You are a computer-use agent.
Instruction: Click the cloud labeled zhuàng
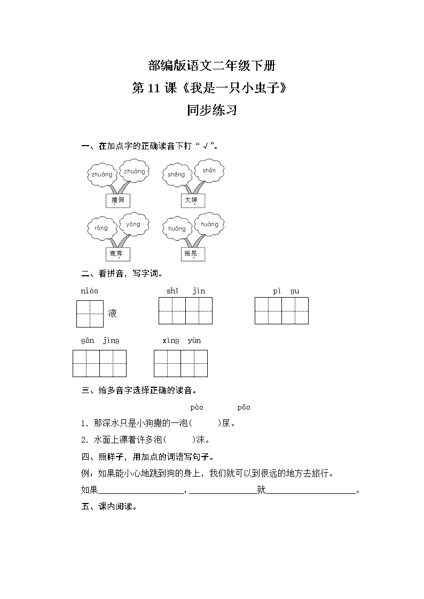pos(102,174)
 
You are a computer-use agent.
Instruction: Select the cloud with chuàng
pos(134,171)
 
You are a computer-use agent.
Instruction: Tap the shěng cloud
pos(176,174)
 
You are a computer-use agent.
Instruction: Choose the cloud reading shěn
pos(209,171)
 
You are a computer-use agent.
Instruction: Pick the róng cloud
pos(101,228)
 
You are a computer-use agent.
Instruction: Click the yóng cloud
pos(133,224)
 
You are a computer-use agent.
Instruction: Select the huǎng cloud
pos(177,229)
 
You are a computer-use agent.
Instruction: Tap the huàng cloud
pos(209,225)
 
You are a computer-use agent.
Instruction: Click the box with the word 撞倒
pos(117,201)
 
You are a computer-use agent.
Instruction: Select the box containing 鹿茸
pos(117,254)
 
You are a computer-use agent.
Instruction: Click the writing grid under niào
pos(90,314)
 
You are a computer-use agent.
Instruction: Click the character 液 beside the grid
pos(113,313)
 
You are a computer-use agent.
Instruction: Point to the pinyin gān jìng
pos(100,340)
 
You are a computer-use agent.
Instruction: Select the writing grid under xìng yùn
pos(180,364)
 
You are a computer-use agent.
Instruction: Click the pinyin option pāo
pos(244,408)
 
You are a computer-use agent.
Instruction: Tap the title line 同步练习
pos(211,110)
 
